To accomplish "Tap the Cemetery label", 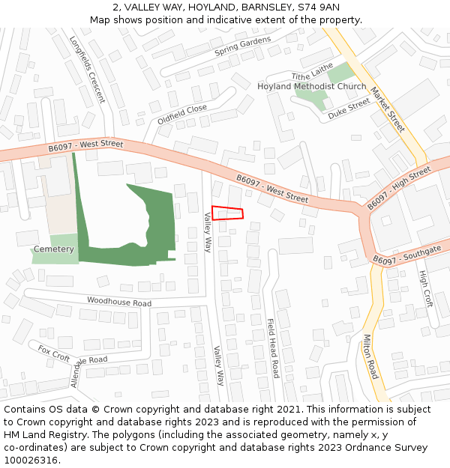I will tap(54, 249).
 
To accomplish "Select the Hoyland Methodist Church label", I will tap(311, 86).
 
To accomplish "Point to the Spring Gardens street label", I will tap(242, 46).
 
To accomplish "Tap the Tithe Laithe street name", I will tap(312, 72).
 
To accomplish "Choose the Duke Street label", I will tap(349, 106).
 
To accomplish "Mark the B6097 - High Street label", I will tap(398, 189).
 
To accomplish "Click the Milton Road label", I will tap(370, 356).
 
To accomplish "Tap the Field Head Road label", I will tap(273, 348).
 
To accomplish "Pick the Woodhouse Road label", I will tap(118, 302).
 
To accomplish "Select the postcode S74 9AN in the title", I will tap(319, 7).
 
